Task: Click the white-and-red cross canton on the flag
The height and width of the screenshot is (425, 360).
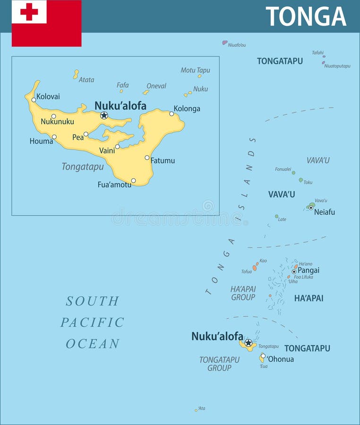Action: tap(29, 12)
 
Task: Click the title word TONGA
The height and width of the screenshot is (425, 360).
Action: tap(306, 17)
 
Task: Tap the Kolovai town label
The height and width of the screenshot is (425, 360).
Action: tap(48, 96)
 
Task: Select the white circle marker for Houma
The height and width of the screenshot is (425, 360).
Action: tap(54, 137)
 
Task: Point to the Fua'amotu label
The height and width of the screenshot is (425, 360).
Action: tap(114, 185)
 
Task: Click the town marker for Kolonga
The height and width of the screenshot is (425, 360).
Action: tap(171, 113)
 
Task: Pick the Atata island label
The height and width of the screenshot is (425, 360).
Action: tap(86, 80)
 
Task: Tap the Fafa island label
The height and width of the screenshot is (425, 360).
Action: tap(123, 85)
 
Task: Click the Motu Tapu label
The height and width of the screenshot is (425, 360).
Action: tap(195, 70)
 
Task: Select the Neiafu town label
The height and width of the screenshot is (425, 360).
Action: tap(325, 212)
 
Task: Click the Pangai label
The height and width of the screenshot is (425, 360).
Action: tap(309, 271)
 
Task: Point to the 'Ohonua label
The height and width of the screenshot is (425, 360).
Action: tap(281, 359)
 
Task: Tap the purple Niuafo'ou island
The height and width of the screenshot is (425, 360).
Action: tap(225, 42)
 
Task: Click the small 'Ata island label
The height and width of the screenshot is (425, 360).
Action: tap(202, 408)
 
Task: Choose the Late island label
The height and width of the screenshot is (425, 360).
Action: tap(282, 219)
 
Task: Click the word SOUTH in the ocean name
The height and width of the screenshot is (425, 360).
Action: tap(93, 301)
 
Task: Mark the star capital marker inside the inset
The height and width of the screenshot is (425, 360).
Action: tap(104, 115)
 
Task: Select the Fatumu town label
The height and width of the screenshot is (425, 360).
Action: tap(163, 161)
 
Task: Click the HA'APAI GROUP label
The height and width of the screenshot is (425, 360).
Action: tap(243, 293)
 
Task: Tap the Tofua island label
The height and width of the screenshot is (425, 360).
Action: tap(247, 272)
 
